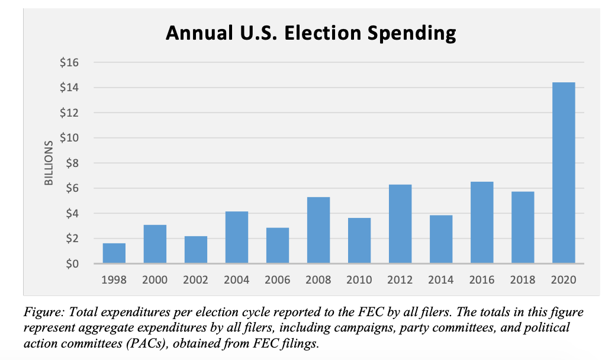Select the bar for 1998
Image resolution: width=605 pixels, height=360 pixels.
pyautogui.click(x=114, y=253)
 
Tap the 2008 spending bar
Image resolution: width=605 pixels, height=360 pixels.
pyautogui.click(x=318, y=230)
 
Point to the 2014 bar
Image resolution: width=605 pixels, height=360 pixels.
pyautogui.click(x=441, y=239)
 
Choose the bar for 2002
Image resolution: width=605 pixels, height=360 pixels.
pyautogui.click(x=196, y=250)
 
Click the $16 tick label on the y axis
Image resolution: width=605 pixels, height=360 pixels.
pyautogui.click(x=69, y=63)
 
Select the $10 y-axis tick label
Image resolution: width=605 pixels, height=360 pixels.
pyautogui.click(x=69, y=138)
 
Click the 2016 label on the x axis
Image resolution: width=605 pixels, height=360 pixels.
pyautogui.click(x=482, y=280)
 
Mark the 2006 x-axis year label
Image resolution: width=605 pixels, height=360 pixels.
pyautogui.click(x=278, y=280)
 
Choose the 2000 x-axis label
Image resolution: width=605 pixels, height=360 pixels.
pyautogui.click(x=155, y=280)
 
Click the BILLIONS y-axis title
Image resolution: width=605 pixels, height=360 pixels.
pyautogui.click(x=49, y=163)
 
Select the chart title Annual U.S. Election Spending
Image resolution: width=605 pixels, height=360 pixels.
pyautogui.click(x=311, y=33)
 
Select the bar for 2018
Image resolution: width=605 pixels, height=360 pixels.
pyautogui.click(x=523, y=227)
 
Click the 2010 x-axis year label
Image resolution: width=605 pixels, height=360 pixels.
pyautogui.click(x=359, y=280)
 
